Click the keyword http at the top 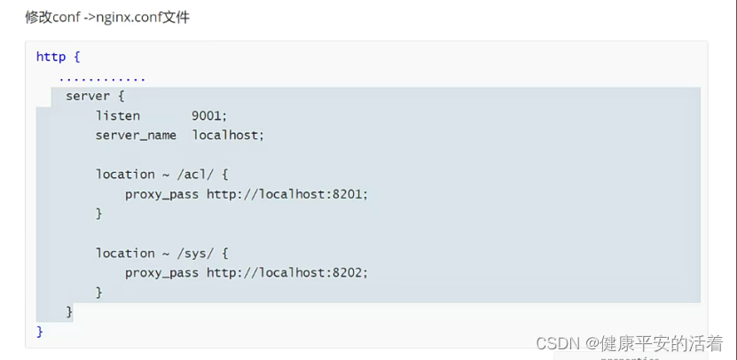coord(51,57)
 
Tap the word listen coord(118,115)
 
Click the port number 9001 coord(209,115)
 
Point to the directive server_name coord(136,135)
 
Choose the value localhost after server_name coord(228,135)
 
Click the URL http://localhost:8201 coord(286,194)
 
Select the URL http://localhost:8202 coord(286,272)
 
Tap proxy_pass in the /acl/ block coord(161,194)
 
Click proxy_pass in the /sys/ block coord(161,272)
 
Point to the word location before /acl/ coord(125,174)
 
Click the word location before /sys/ coord(125,253)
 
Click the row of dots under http coord(102,77)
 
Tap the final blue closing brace coord(40,331)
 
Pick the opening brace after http coord(77,57)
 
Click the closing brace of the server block coord(69,311)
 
